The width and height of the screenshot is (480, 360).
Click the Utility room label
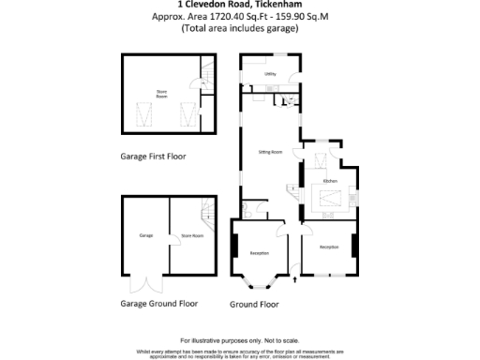point(269,73)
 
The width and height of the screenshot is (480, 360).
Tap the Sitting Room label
point(270,152)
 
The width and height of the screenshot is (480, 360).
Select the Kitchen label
point(330,180)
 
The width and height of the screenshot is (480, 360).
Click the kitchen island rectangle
point(330,198)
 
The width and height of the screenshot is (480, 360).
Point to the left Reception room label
point(259,253)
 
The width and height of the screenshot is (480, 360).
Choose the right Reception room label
point(329,247)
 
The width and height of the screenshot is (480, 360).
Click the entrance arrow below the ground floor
point(296,278)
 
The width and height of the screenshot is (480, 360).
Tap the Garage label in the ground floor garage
point(145,235)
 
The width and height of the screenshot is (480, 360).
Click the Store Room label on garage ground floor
point(191,236)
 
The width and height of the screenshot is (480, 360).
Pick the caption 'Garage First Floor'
point(159,157)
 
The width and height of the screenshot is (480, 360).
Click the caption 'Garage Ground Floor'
point(159,304)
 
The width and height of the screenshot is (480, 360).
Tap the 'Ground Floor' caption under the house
point(255,304)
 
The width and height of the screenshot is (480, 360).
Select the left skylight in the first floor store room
point(144,117)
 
